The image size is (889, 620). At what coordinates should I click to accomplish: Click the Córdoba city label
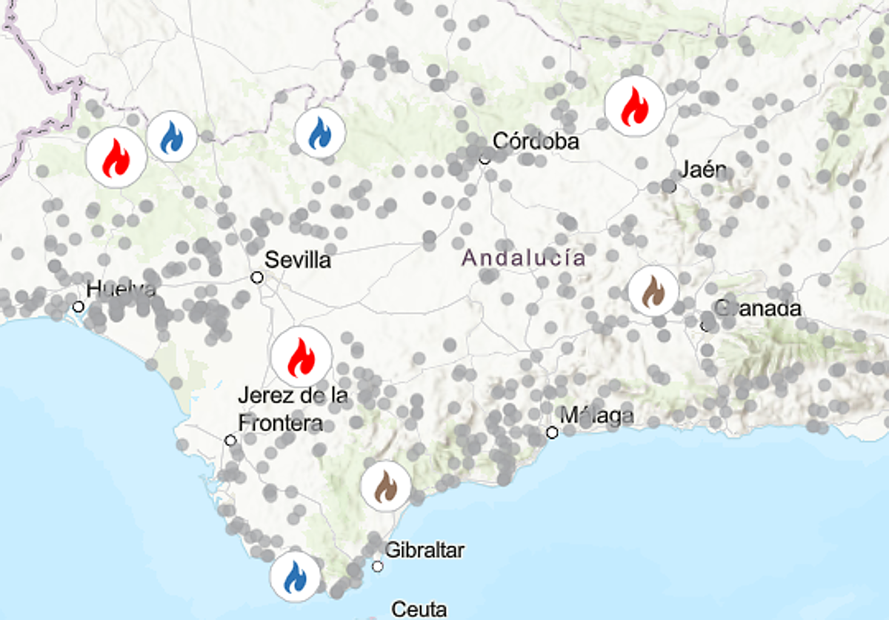(x=535, y=141)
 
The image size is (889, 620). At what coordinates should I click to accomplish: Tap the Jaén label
(x=703, y=170)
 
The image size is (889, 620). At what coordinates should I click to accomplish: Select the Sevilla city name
(x=298, y=260)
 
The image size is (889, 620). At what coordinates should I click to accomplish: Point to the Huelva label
(x=121, y=290)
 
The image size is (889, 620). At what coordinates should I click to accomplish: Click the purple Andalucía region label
(x=524, y=259)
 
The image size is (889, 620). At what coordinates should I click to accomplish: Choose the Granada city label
(x=757, y=308)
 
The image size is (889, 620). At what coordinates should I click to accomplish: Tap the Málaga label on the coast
(x=596, y=416)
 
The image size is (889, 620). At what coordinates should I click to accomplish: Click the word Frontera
(x=280, y=423)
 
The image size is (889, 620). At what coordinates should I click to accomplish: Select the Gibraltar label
(x=424, y=550)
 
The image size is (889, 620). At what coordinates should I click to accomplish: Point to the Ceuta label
(x=419, y=610)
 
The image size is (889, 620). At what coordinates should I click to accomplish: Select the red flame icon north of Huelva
(x=116, y=157)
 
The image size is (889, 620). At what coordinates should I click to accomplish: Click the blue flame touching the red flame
(x=172, y=137)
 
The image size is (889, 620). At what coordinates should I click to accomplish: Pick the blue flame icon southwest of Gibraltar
(x=295, y=577)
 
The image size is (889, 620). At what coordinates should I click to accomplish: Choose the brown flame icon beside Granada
(x=653, y=291)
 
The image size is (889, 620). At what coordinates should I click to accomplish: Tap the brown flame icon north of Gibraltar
(x=386, y=487)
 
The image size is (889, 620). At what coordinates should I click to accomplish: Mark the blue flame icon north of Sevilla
(x=320, y=133)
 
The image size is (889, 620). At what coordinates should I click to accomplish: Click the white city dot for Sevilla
(x=257, y=277)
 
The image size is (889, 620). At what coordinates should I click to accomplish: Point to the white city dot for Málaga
(x=552, y=433)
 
